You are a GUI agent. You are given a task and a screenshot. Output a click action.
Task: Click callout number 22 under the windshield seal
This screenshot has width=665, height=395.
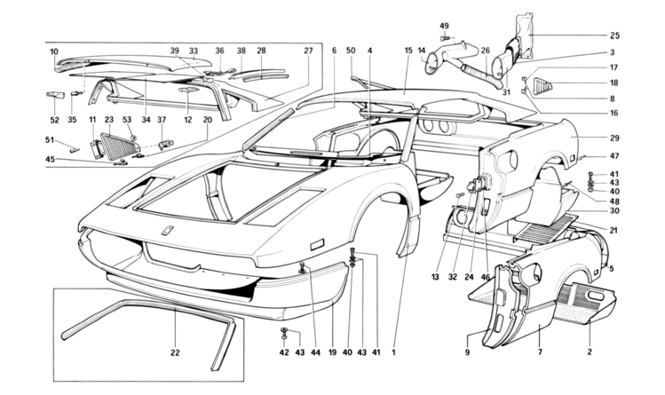175,353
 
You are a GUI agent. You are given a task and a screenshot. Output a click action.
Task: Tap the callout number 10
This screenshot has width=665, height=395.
54,51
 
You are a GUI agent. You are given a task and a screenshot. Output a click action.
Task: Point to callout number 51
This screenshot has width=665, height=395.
51,138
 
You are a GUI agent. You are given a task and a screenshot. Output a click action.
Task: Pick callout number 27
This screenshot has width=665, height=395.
309,51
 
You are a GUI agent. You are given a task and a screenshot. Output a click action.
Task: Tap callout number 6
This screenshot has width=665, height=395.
335,51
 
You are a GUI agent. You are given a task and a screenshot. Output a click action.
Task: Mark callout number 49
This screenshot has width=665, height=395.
445,25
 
